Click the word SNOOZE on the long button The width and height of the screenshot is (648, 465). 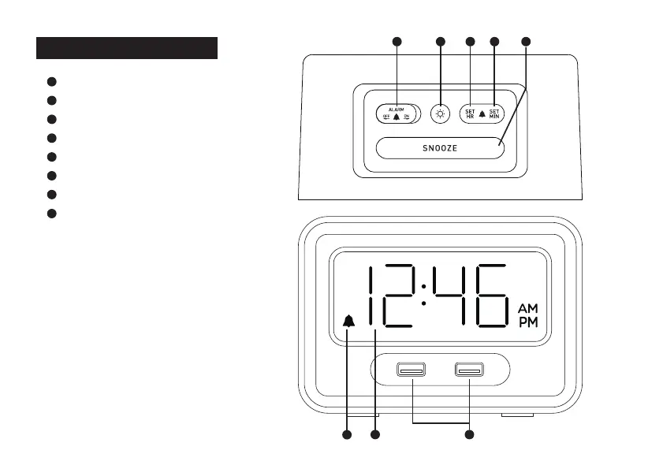click(439, 148)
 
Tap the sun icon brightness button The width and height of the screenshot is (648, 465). click(440, 113)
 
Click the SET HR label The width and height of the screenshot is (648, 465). click(470, 113)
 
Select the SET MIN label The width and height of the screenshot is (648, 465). click(494, 113)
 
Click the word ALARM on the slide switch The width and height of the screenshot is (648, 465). click(397, 108)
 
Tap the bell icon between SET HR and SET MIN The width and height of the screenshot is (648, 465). click(482, 114)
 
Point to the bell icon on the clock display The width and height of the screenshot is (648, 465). click(348, 321)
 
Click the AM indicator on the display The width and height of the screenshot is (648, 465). click(528, 308)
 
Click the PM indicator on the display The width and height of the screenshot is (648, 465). click(528, 323)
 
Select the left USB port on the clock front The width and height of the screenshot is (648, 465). click(411, 368)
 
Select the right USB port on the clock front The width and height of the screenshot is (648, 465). click(469, 368)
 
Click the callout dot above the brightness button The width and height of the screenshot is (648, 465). click(440, 40)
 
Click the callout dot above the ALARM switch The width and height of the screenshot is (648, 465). click(397, 40)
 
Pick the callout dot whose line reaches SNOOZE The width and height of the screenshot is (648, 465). click(527, 40)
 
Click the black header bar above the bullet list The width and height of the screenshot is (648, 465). click(126, 47)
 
